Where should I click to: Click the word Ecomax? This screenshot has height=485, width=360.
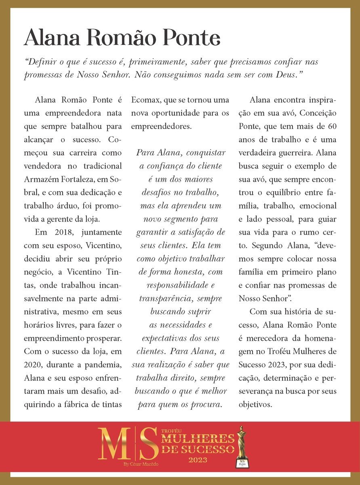click(x=146, y=100)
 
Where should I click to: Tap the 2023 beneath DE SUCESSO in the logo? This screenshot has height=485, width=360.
click(x=198, y=460)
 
